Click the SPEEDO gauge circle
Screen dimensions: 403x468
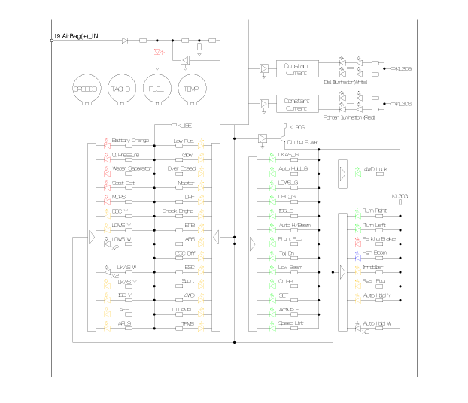point(85,89)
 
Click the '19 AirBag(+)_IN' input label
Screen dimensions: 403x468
point(76,35)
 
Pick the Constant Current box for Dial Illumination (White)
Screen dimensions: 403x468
point(297,69)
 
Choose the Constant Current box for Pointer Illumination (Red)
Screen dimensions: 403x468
point(297,104)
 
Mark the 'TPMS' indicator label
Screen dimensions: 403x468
point(188,323)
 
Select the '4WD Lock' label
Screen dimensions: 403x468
point(375,169)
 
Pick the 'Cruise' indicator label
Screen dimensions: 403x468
point(286,282)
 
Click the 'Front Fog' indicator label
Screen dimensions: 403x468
point(290,239)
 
